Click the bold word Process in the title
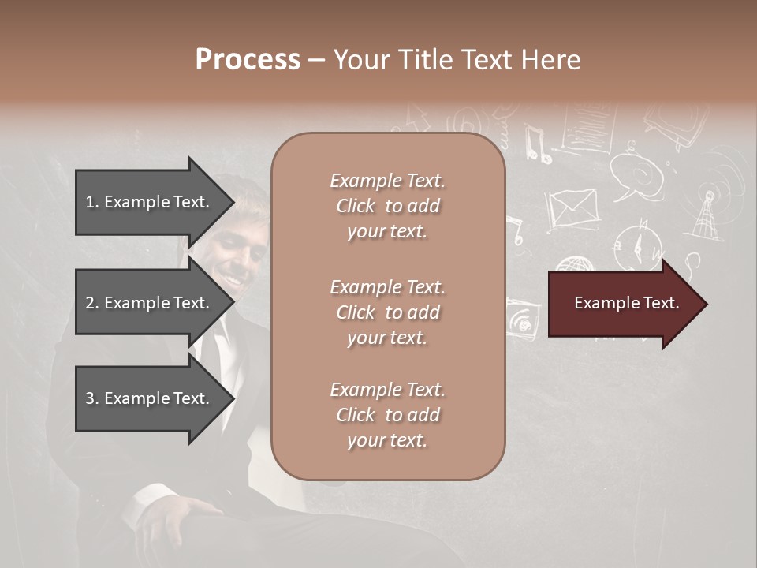click(248, 60)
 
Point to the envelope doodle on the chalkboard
click(572, 208)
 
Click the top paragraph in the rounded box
click(387, 206)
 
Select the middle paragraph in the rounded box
click(387, 312)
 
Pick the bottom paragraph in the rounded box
click(387, 415)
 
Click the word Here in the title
click(551, 60)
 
